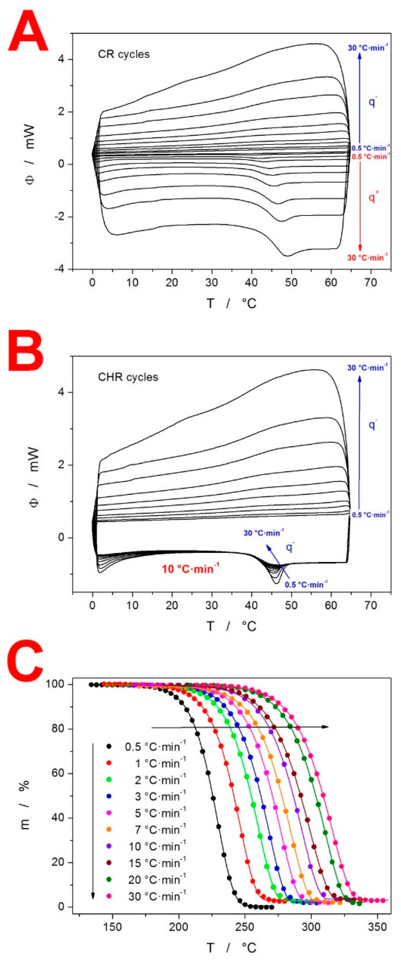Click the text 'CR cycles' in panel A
pyautogui.click(x=124, y=54)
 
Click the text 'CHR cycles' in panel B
pyautogui.click(x=128, y=377)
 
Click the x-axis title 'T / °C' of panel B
pyautogui.click(x=231, y=626)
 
